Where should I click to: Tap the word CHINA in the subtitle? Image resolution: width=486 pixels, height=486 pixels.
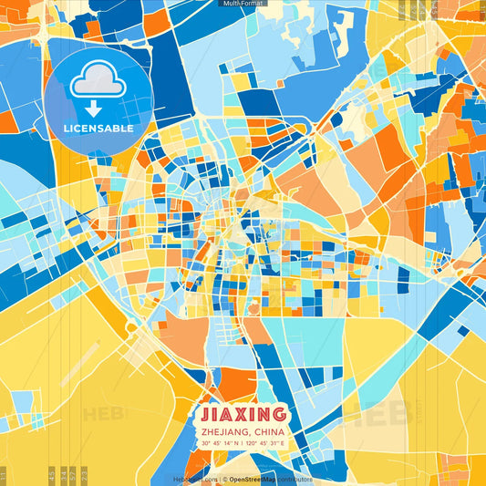coord(270,431)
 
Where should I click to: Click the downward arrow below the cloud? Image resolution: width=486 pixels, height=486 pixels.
coord(93,109)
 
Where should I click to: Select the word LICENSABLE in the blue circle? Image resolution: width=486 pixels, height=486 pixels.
coord(98,129)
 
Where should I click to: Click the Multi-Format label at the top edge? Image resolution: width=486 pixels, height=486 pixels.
coord(243,4)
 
